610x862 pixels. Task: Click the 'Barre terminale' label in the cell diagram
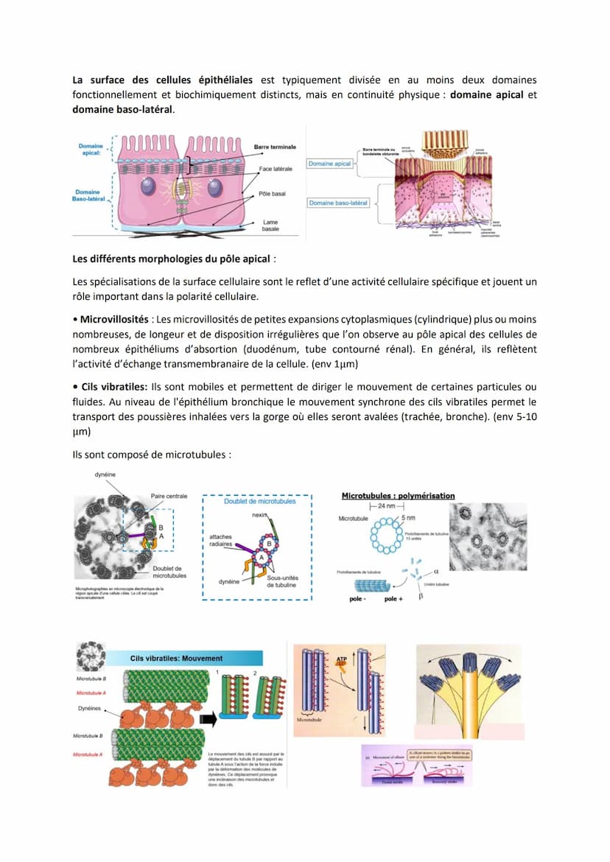(x=275, y=147)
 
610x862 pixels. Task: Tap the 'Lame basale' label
(x=270, y=225)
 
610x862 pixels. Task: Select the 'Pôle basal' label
(x=272, y=195)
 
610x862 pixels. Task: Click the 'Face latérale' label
(x=276, y=169)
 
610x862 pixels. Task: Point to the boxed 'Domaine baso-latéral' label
(x=338, y=203)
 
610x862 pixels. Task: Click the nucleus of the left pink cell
(x=148, y=186)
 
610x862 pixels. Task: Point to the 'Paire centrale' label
(x=169, y=496)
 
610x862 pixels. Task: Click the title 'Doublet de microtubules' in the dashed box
(x=259, y=501)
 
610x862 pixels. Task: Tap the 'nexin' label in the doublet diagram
(x=259, y=516)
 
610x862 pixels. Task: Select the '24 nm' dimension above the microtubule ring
(x=386, y=507)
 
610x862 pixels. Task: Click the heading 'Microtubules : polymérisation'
(x=399, y=495)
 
